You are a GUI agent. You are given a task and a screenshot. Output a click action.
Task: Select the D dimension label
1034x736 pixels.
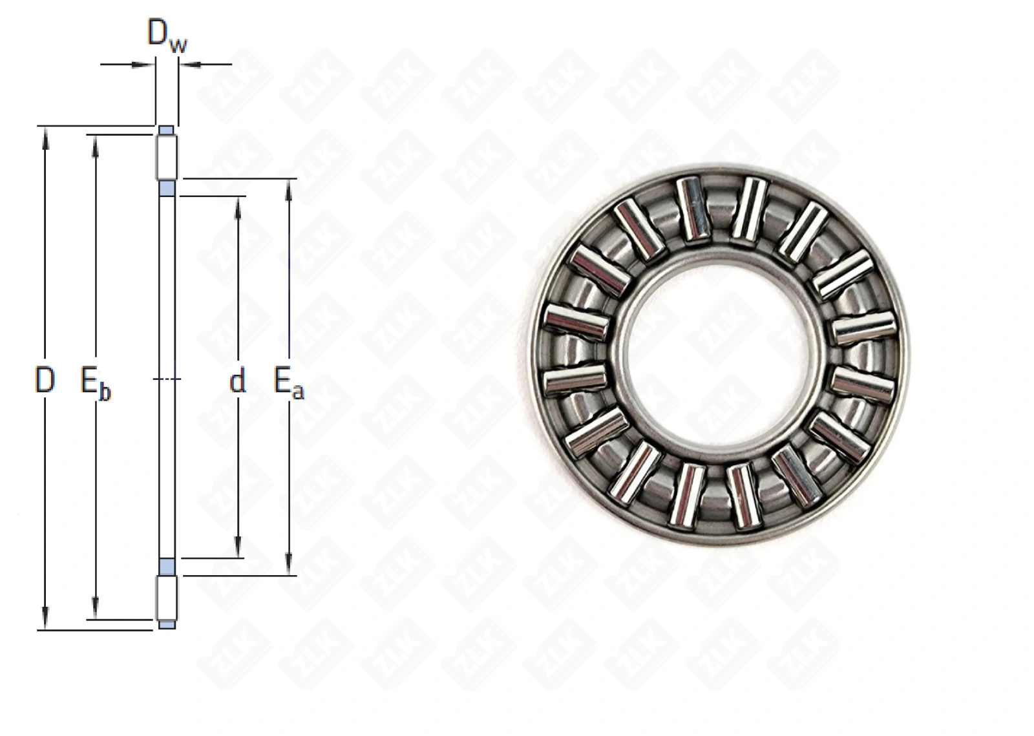[x=45, y=381]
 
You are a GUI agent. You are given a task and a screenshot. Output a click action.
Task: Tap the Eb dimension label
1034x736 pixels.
[x=96, y=383]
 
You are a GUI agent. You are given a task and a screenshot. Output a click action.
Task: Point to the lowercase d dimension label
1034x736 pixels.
[x=238, y=381]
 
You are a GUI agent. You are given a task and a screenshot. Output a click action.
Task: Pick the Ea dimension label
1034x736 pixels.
[x=289, y=383]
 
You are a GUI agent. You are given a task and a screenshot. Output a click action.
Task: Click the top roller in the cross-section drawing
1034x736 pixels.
[x=167, y=157]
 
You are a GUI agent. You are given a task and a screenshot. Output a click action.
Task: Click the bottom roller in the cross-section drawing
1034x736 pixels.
[x=167, y=598]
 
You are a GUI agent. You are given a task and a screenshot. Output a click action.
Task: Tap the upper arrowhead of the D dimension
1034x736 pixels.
[x=45, y=138]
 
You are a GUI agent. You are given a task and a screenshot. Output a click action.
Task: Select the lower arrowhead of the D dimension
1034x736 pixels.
[x=45, y=618]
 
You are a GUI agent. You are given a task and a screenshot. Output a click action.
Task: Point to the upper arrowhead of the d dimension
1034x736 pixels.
[x=238, y=207]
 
